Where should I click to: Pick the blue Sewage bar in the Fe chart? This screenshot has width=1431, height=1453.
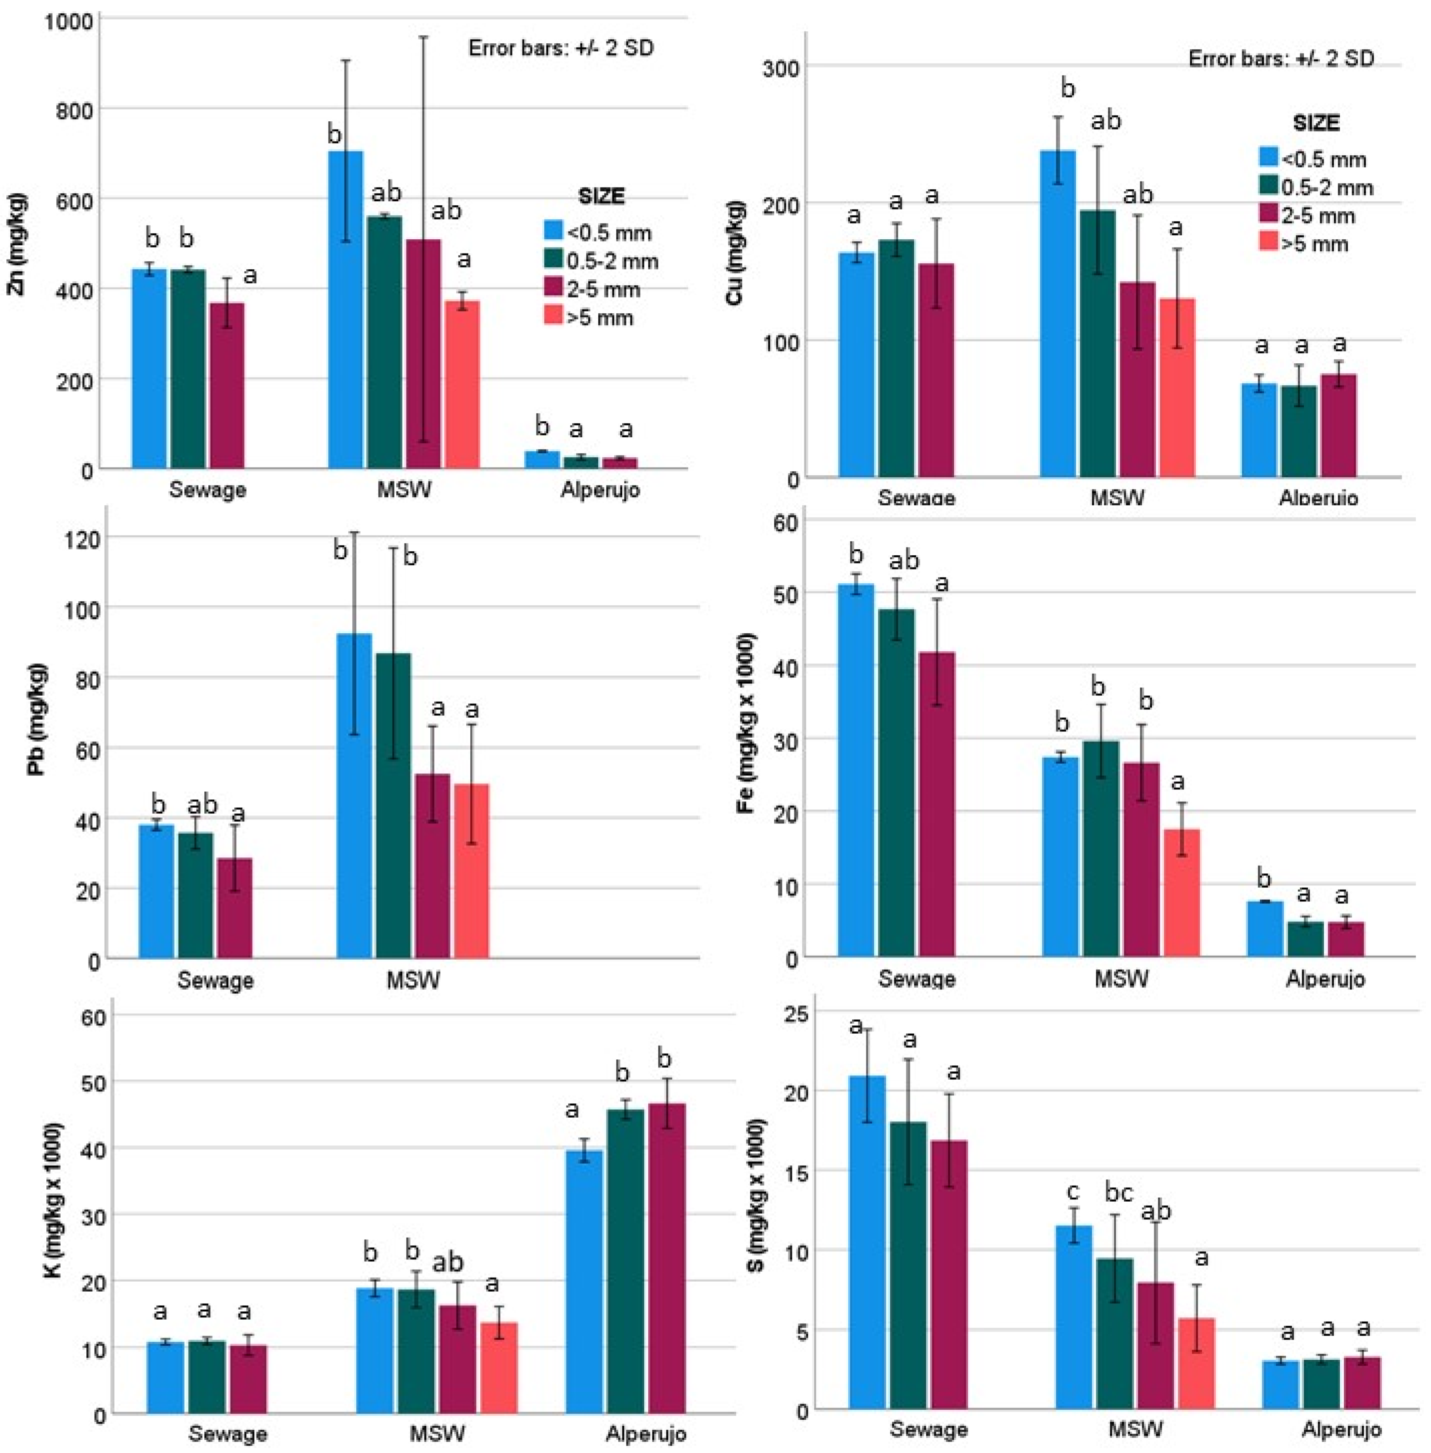coord(856,770)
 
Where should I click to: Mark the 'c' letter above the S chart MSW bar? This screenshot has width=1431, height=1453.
coord(1073,1192)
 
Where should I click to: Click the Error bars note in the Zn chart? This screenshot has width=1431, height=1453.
coord(561,48)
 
